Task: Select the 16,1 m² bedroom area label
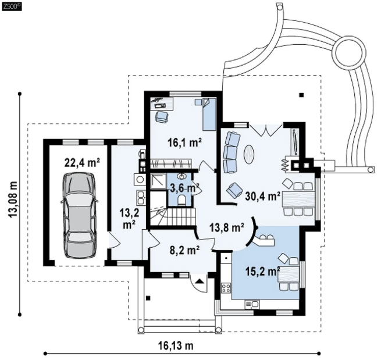[185, 142]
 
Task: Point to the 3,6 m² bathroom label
[184, 188]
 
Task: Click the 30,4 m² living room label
[263, 196]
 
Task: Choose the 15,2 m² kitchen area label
[263, 272]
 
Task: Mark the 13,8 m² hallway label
[227, 228]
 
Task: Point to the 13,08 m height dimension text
[13, 199]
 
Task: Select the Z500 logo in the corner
[12, 6]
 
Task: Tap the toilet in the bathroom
[181, 200]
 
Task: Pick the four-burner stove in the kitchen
[226, 288]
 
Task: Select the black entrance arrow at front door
[200, 281]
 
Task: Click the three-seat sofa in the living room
[232, 152]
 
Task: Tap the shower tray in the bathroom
[158, 181]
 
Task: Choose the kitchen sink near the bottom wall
[252, 304]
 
